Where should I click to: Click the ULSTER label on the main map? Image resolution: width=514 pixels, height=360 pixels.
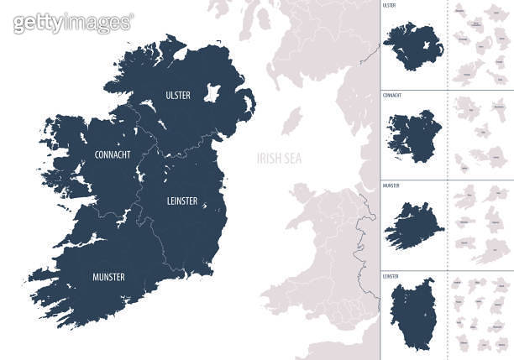[178, 95]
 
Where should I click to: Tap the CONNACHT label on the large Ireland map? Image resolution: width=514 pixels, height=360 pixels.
[112, 154]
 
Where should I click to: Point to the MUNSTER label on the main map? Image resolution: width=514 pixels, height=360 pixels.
[108, 276]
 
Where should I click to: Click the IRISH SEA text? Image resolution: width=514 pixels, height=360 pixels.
[280, 158]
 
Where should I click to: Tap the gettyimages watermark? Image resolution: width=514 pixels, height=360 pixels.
[72, 23]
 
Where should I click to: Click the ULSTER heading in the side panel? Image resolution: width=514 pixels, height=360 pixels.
[389, 6]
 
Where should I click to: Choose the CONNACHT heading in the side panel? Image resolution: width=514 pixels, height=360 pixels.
[392, 95]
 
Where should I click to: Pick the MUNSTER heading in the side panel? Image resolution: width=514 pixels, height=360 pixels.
[391, 185]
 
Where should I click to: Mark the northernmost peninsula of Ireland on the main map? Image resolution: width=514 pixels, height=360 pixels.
[172, 38]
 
